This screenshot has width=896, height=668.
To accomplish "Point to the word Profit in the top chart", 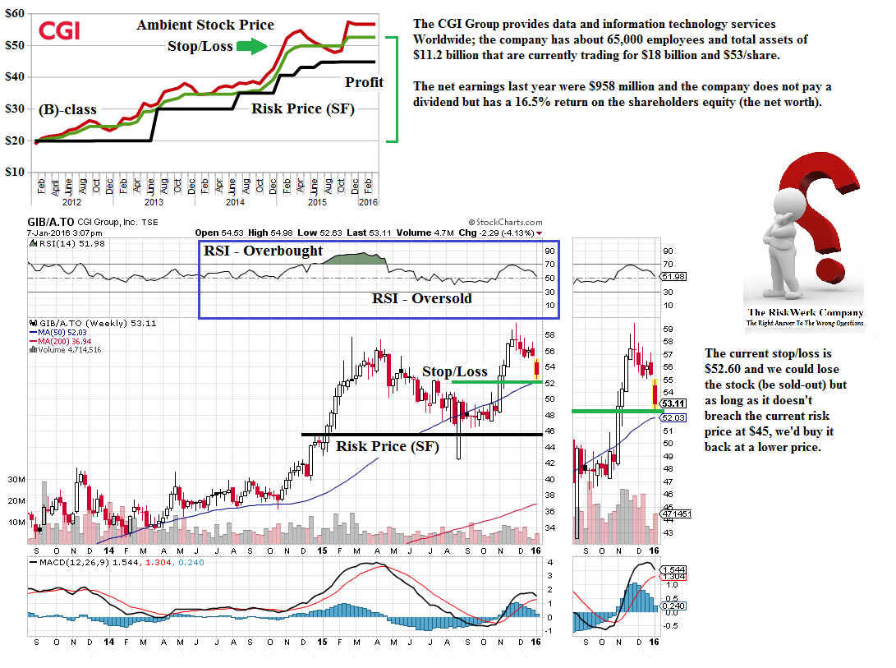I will click(x=365, y=82).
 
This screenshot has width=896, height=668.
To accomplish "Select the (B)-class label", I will click(x=67, y=109).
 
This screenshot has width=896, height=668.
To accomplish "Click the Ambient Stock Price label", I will click(x=205, y=25).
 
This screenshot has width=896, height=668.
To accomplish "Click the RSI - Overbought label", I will click(x=264, y=251).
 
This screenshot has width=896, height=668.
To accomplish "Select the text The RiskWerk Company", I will click(x=805, y=312).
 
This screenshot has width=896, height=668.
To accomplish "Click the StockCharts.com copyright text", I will click(x=505, y=222).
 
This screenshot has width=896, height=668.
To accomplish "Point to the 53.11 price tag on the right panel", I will click(x=673, y=403).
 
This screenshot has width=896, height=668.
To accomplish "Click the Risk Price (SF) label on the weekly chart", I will click(x=383, y=446).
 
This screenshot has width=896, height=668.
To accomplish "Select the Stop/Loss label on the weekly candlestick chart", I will click(x=454, y=371).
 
